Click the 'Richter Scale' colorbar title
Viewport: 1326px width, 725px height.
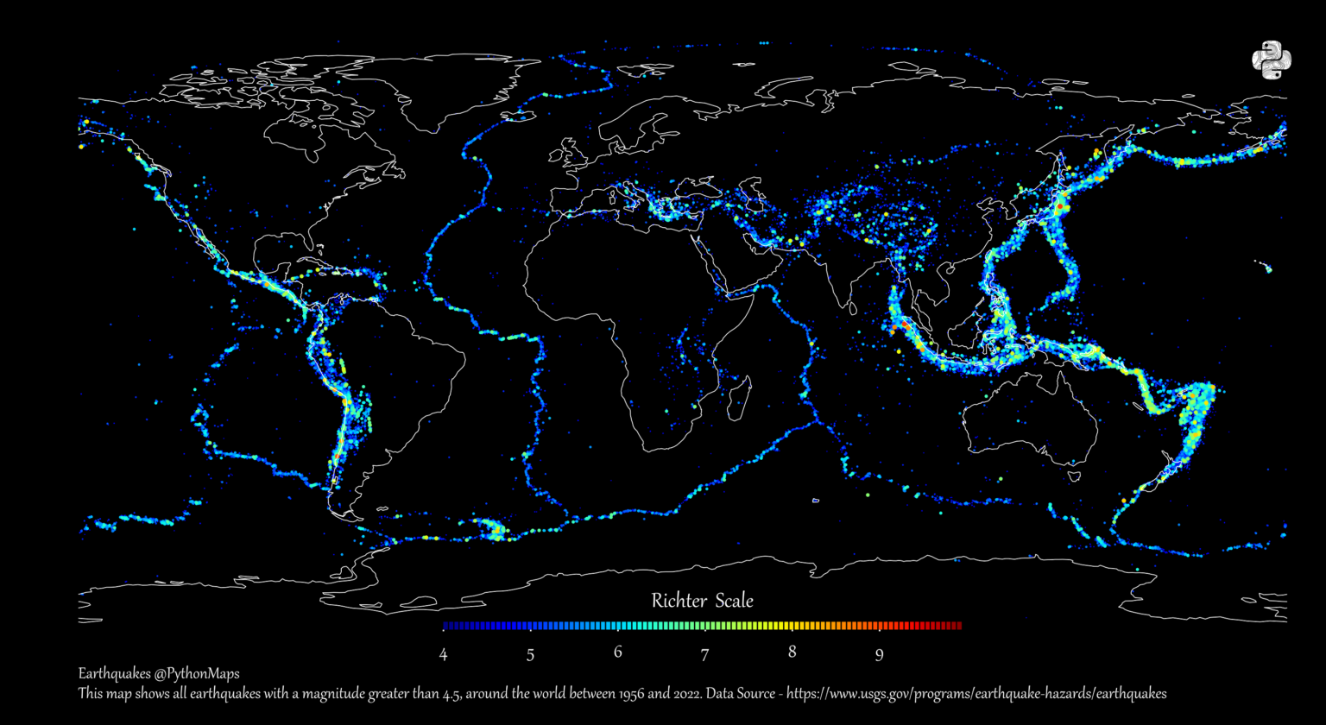[x=702, y=601]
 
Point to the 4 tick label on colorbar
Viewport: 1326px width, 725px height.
[x=443, y=654]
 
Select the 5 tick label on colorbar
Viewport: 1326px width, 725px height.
[x=530, y=654]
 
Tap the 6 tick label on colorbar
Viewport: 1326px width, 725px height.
[x=618, y=652]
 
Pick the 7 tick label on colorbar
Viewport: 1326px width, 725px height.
[x=704, y=654]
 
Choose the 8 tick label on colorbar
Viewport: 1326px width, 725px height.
[x=792, y=652]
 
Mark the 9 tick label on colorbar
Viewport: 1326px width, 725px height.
[x=879, y=654]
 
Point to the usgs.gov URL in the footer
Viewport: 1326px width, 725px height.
[x=976, y=694]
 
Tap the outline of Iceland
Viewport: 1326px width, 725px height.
[x=520, y=113]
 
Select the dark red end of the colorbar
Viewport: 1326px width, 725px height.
[x=957, y=626]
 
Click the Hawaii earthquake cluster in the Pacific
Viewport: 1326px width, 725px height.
[x=1266, y=268]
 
